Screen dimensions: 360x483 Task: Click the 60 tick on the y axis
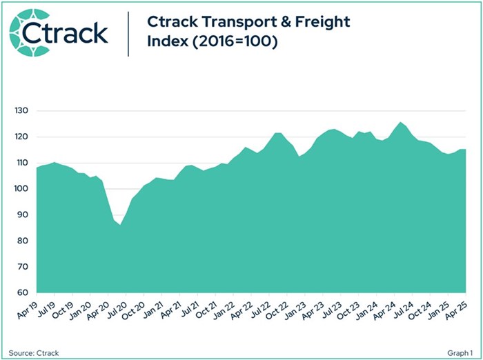click(24, 293)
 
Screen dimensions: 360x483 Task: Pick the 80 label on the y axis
click(24, 241)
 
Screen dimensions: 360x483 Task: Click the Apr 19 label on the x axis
click(26, 308)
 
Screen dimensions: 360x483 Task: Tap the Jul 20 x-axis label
click(119, 308)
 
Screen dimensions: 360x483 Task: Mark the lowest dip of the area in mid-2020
click(120, 225)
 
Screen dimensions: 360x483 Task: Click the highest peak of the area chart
click(400, 123)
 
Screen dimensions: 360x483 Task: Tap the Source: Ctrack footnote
click(34, 350)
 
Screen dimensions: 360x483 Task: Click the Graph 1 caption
click(459, 350)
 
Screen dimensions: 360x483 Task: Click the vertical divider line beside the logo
click(129, 32)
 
